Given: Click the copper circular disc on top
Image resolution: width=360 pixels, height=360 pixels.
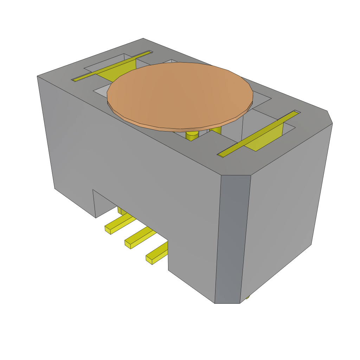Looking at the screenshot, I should click(179, 95).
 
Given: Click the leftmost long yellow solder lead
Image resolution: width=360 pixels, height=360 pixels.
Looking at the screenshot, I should click(120, 223).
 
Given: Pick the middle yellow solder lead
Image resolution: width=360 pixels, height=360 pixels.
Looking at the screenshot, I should click(140, 238).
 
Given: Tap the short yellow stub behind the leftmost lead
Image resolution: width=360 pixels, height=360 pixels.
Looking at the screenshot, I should click(120, 210).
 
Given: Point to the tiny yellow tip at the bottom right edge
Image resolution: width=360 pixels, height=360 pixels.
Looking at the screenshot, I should click(247, 297).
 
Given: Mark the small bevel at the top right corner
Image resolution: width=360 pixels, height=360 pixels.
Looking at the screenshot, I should click(329, 117).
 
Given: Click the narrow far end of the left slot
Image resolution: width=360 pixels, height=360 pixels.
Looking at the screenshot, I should click(150, 52).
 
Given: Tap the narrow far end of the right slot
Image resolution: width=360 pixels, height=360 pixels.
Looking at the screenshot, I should click(297, 112).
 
